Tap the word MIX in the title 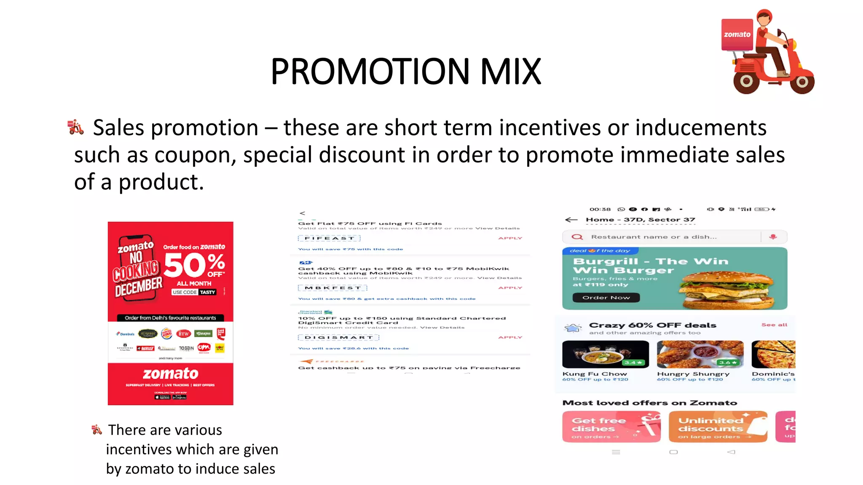coord(510,72)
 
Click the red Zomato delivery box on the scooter coord(737,35)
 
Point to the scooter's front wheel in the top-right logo coord(802,82)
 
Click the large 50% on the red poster coord(194,265)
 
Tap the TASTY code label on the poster coord(207,292)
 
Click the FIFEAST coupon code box coord(329,238)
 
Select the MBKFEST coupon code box coord(332,288)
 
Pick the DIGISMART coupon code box coord(338,338)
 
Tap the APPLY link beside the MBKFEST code coord(510,288)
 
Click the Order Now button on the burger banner coord(606,298)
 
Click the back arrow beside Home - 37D coord(571,220)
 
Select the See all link coord(774,325)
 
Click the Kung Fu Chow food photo coord(605,354)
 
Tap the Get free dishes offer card coord(611,426)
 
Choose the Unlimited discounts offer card coord(718,426)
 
